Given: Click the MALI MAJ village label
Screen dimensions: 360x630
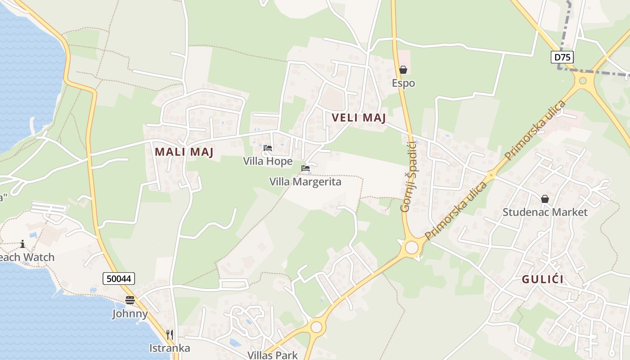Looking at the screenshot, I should (184, 152).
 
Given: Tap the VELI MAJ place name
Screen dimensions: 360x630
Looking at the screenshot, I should (359, 118).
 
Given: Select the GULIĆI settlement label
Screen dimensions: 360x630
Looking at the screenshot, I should (543, 279).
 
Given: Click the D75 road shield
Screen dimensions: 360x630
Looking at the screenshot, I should (562, 57).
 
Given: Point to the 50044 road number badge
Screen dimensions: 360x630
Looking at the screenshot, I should (119, 279).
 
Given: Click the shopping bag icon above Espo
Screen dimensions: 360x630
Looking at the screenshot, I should (403, 70).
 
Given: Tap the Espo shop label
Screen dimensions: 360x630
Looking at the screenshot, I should (403, 83).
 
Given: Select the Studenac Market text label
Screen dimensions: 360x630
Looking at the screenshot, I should (545, 212).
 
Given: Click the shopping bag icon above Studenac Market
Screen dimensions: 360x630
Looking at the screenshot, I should (545, 198).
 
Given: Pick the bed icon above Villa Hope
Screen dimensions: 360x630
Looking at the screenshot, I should (268, 148).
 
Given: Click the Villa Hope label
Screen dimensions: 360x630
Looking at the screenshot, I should (268, 161).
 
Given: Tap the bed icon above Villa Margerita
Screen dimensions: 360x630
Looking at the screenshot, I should (306, 169).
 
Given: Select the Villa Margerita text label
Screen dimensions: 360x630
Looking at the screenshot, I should (306, 182).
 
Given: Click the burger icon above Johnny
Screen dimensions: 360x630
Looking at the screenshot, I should (130, 300).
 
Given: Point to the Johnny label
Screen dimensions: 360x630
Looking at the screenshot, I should (130, 314).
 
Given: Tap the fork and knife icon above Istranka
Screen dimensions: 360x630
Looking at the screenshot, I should (170, 334).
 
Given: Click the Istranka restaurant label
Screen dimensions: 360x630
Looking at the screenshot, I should (170, 348).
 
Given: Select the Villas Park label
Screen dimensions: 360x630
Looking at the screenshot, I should (273, 355).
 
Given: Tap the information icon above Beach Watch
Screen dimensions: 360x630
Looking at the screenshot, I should (22, 244).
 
